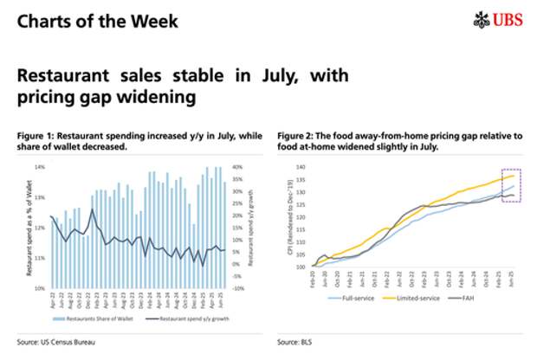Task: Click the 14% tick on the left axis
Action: click(40, 166)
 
